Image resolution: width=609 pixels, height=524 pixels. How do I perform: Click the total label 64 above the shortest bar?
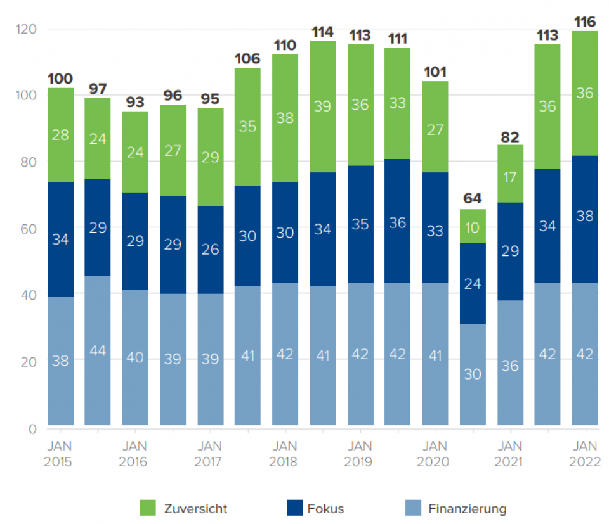coord(473,198)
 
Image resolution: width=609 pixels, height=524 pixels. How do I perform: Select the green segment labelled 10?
coord(473,226)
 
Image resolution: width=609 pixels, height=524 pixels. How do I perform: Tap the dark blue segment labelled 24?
coord(473,283)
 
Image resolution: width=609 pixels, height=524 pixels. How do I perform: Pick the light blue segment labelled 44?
coord(98,350)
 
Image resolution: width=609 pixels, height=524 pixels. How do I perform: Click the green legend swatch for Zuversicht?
coord(147,508)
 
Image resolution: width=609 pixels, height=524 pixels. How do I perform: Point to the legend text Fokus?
coord(326,508)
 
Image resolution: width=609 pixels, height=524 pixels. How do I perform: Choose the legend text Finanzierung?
coord(467,508)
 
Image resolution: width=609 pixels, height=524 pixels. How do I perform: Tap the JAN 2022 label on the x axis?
coord(585,454)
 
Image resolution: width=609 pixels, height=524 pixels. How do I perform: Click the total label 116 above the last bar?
coord(585,22)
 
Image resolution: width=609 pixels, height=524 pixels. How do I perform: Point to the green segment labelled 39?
coord(323,107)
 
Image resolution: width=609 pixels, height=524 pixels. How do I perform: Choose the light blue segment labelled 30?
coord(473,374)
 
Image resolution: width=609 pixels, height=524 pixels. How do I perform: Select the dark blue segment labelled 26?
coord(210,250)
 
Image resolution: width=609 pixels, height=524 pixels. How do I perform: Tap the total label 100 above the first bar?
coord(60,79)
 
